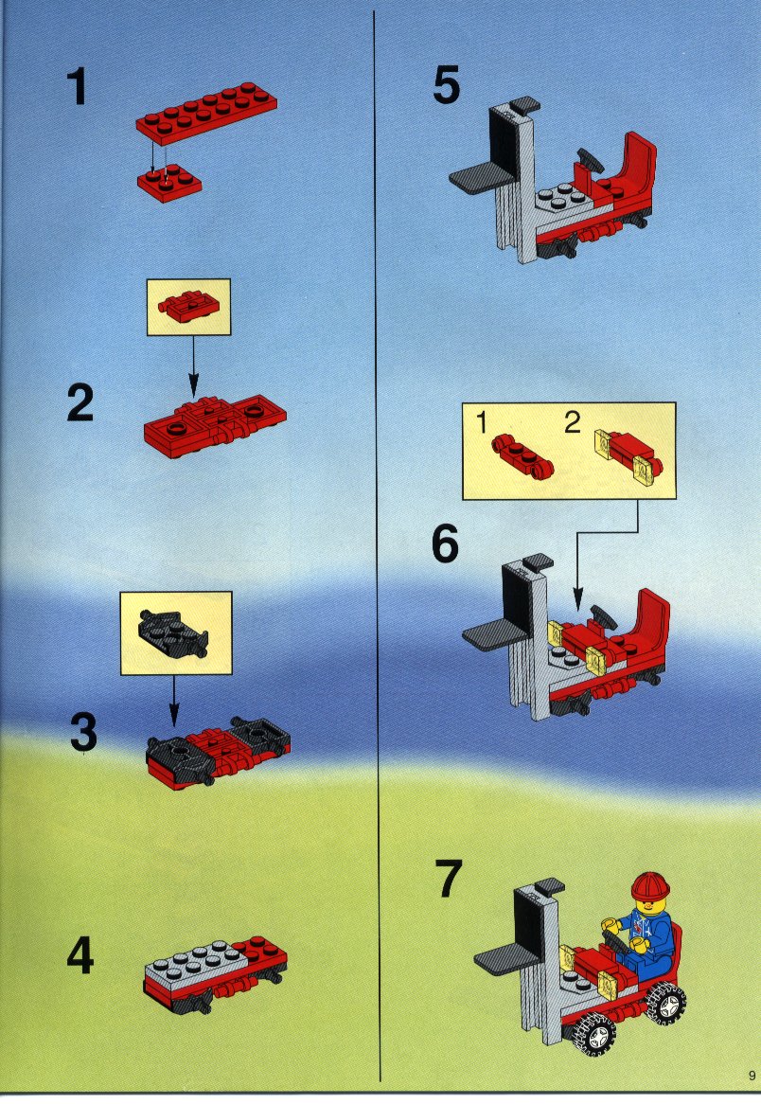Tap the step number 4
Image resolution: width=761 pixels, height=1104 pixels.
click(80, 957)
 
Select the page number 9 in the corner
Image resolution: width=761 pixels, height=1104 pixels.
click(752, 1076)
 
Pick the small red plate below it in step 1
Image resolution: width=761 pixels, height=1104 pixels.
click(169, 183)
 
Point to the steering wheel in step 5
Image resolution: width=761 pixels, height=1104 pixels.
click(590, 161)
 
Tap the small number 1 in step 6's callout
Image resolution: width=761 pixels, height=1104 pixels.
click(482, 423)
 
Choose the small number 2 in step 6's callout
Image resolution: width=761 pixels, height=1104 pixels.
click(573, 422)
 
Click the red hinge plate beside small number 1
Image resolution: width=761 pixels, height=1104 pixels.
click(522, 457)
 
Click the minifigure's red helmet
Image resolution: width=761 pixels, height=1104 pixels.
click(649, 886)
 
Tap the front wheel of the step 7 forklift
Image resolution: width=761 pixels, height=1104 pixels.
click(597, 1034)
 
